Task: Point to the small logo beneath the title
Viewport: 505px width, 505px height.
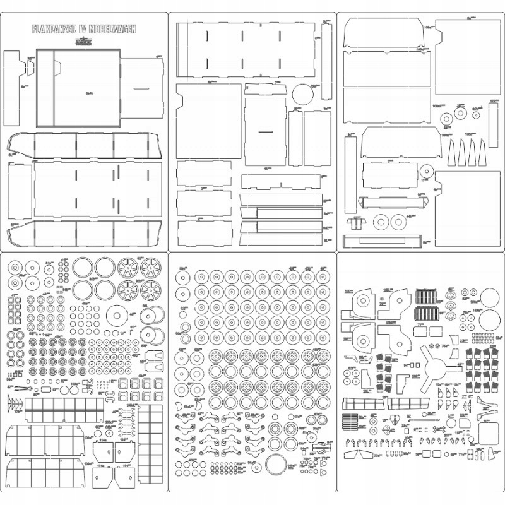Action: point(84,39)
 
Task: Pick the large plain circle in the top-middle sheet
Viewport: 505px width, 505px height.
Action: point(304,95)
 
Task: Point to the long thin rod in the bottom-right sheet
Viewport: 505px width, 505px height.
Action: point(423,417)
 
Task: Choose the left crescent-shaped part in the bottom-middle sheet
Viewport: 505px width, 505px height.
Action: point(185,406)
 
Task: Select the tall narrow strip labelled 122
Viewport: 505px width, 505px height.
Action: point(492,124)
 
